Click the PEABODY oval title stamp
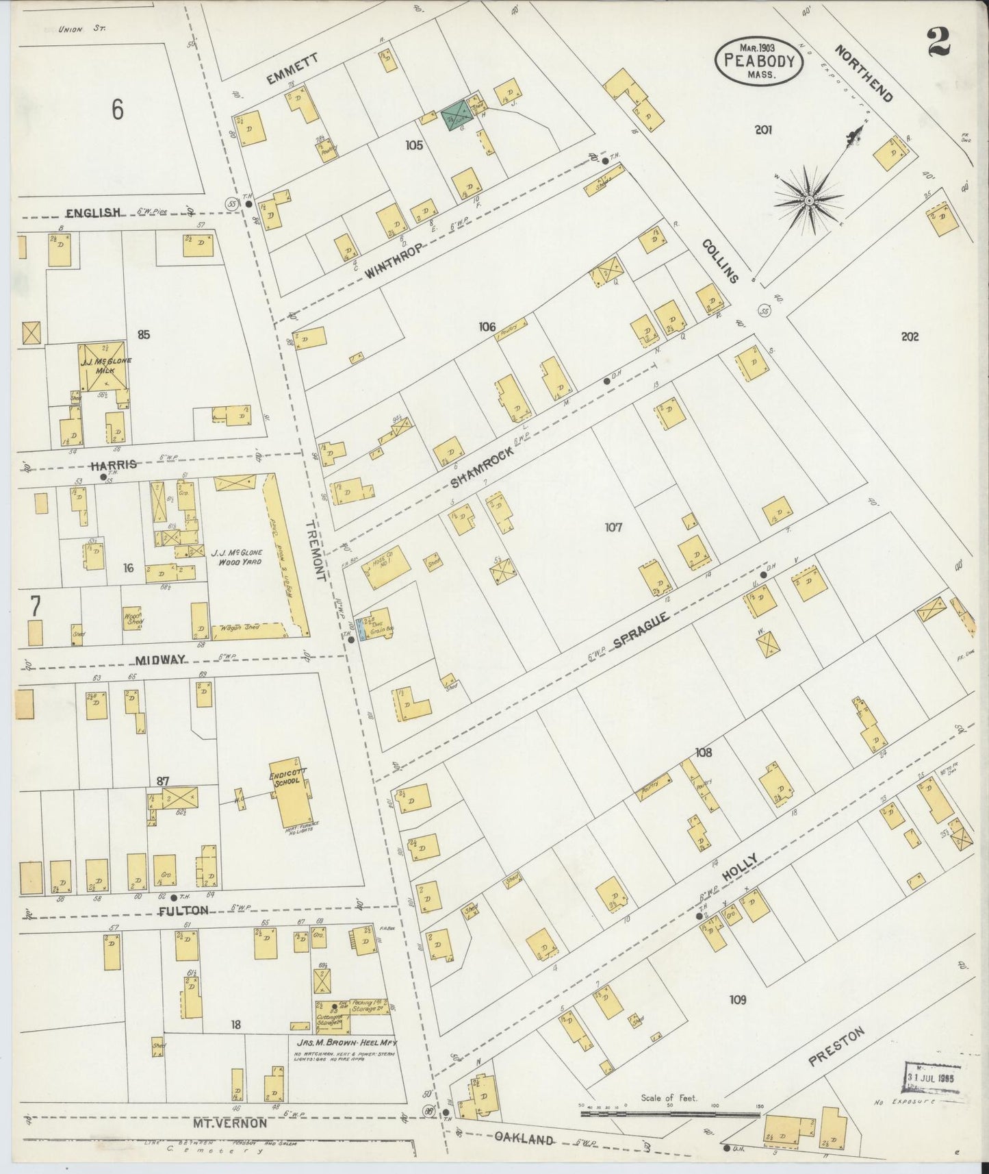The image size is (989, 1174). click(760, 61)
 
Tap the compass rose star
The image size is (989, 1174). click(808, 200)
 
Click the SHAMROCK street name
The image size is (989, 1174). click(482, 467)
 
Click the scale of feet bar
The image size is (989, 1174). click(670, 1114)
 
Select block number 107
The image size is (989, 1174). click(613, 527)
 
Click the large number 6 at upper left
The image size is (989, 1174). click(118, 109)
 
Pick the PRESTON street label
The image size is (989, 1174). click(836, 1047)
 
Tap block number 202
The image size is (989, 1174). click(910, 337)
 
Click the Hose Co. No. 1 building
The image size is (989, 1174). click(389, 567)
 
